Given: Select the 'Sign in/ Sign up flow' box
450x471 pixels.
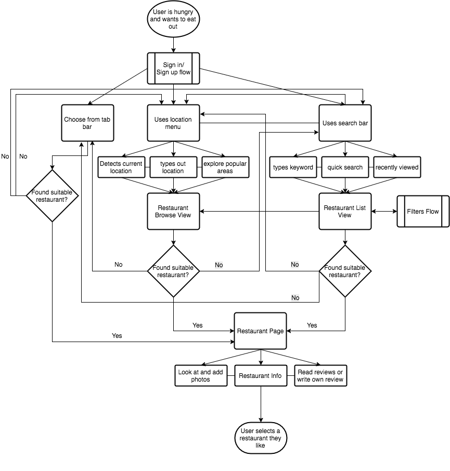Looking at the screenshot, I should coord(173,69).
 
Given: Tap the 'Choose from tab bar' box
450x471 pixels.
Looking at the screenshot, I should coord(87,123).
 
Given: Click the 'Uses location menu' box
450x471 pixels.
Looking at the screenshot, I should coord(173,123).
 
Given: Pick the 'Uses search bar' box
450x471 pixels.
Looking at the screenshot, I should coord(345,123).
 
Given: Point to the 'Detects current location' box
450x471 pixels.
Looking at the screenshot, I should coord(121,167).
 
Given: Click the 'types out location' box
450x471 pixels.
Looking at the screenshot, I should coord(173,167).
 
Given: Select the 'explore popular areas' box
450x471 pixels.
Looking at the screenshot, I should coord(225,167).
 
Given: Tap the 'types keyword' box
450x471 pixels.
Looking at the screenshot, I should coord(293,167).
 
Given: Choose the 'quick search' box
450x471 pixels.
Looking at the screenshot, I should coord(345,167).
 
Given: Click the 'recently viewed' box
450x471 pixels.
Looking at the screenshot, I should coord(397,167).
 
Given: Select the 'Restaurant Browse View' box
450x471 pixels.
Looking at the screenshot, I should coord(173,212).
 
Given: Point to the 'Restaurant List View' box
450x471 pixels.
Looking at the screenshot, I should coord(345,212).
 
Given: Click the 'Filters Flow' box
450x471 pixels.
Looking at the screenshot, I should coord(423,212).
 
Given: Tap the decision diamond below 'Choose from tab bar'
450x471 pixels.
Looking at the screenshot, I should coord(52,195).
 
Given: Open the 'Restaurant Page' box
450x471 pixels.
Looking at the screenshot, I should coord(260,331).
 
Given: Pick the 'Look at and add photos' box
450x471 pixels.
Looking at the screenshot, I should coord(201,376).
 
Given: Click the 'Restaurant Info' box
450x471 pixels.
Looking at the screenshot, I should coord(260,376).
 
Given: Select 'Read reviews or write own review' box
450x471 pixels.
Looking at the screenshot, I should coord(320,376).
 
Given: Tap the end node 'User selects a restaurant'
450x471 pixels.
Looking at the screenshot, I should coord(260,438).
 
